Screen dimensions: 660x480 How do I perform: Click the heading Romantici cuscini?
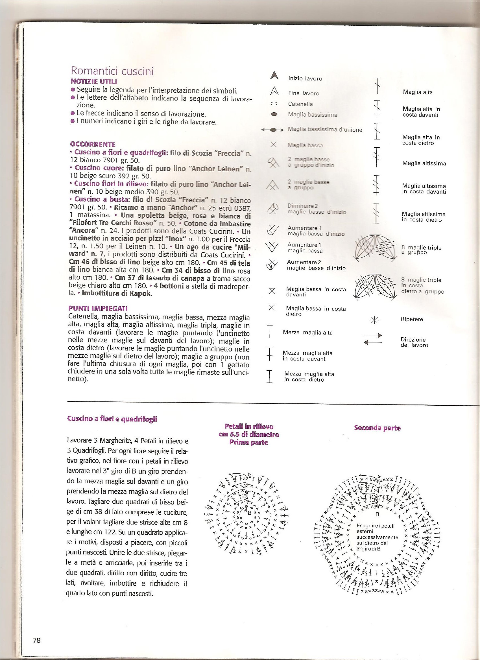point(112,71)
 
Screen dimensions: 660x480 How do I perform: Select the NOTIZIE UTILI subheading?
point(94,82)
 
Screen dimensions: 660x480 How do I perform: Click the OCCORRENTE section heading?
point(93,144)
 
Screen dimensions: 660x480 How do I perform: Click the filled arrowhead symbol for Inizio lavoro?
point(274,76)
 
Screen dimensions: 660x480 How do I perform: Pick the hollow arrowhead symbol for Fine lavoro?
point(274,92)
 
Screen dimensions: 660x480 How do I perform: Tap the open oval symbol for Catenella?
point(274,104)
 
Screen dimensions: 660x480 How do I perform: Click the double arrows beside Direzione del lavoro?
point(373,339)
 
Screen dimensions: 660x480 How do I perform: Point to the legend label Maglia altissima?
point(424,163)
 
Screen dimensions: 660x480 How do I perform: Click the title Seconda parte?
point(377,428)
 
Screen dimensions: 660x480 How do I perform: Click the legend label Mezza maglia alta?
point(307,333)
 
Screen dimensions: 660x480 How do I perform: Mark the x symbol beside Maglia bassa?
point(273,144)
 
